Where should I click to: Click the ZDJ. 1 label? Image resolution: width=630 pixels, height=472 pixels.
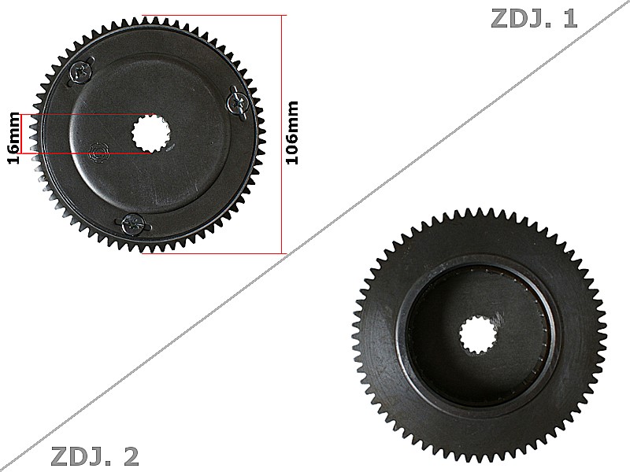pos(534,18)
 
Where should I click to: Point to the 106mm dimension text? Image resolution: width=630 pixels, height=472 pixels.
pos(292,132)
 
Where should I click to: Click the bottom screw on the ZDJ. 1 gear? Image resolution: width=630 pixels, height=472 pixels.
pos(132,224)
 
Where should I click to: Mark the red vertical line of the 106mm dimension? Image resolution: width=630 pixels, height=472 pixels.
pos(281,134)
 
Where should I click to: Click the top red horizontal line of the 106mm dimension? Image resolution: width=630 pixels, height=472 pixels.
pos(213,14)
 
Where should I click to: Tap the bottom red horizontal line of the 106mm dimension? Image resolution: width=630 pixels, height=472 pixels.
pos(213,253)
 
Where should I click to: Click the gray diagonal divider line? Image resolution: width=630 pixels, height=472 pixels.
pos(315,236)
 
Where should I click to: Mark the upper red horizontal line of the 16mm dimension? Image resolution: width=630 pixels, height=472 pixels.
pos(87,116)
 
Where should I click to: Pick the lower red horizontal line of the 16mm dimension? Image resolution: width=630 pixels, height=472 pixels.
pos(87,152)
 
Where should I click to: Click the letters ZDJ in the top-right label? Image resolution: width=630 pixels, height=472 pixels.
pos(516,18)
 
